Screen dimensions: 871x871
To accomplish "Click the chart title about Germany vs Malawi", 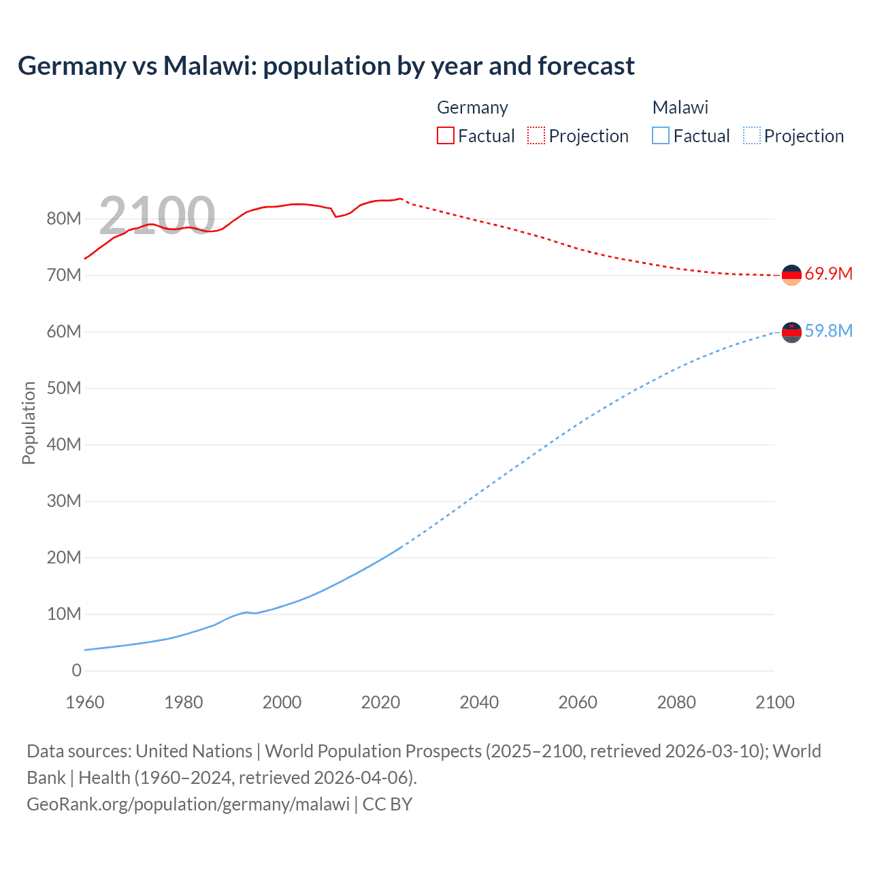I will (326, 66).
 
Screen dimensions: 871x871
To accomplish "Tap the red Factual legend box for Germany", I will (445, 135).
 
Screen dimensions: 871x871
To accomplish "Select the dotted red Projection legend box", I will (536, 135).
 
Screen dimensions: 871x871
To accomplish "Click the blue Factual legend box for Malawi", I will (661, 135).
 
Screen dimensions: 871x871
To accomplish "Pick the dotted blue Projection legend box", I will (752, 135).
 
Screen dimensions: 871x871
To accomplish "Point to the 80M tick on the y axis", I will (64, 218).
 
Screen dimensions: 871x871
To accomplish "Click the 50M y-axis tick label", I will (64, 388).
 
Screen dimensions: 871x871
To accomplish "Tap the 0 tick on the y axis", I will (76, 670).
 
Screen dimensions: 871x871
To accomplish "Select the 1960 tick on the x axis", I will (85, 702).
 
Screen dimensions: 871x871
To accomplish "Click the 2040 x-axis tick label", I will (479, 702).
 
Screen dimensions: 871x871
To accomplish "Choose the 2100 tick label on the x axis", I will (774, 702).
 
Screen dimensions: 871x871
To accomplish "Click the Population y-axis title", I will (29, 423).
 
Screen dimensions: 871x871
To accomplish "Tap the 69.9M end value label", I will (828, 274).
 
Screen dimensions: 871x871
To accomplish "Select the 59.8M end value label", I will (828, 331).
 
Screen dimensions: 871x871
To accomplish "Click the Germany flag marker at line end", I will (791, 275).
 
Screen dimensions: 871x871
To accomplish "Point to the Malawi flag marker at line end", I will (791, 332).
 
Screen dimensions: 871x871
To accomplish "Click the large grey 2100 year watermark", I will (157, 215).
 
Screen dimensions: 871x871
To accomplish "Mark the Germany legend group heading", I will (472, 108).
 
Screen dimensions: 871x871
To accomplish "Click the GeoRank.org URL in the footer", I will (188, 804).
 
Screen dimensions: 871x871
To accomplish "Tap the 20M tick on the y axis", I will (64, 557).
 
